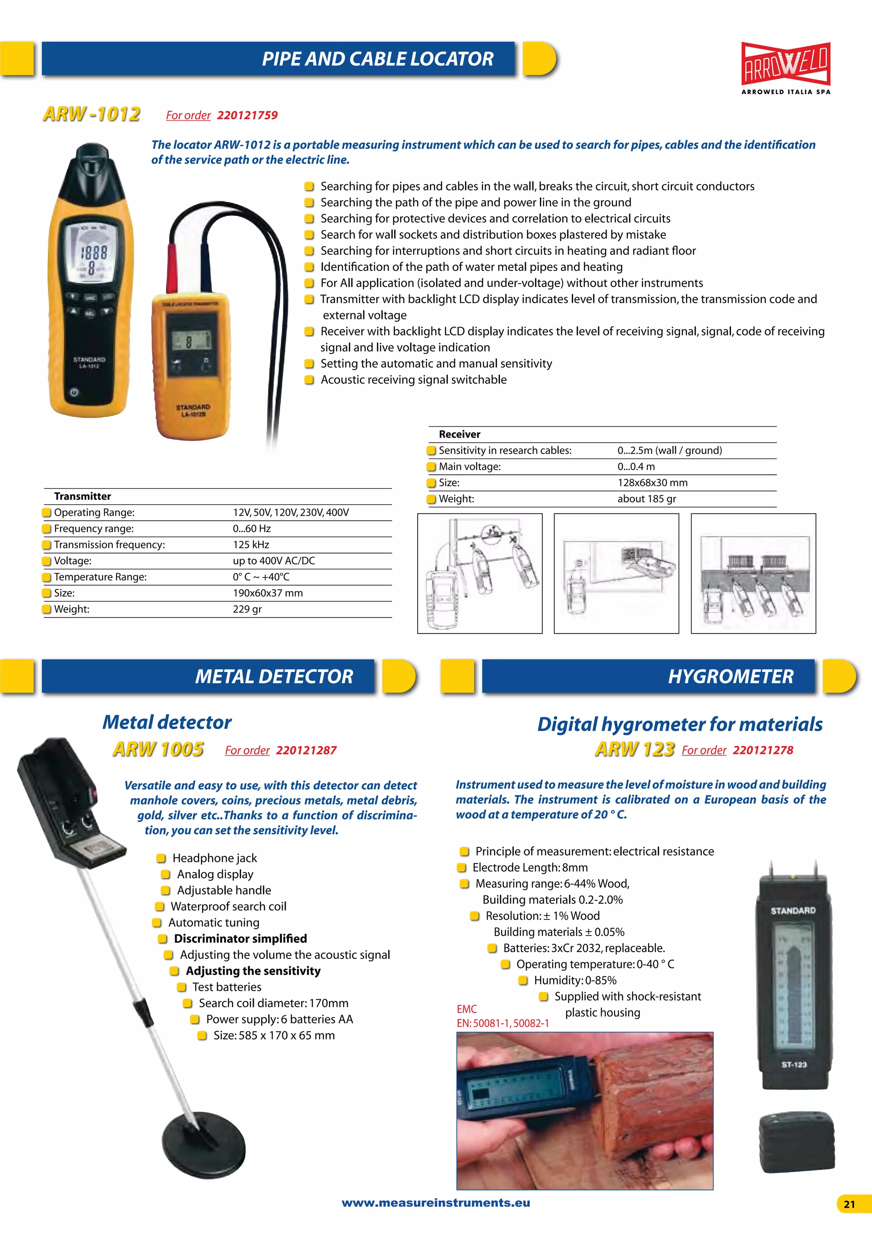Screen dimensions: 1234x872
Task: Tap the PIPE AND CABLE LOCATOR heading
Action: (x=377, y=59)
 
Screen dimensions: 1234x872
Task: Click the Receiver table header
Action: (x=459, y=434)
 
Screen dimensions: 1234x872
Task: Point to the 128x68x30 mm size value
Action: (x=652, y=482)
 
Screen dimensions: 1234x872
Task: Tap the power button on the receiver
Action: (x=74, y=392)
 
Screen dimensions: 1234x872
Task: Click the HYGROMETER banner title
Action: (x=730, y=676)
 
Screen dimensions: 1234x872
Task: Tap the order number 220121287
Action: (x=306, y=750)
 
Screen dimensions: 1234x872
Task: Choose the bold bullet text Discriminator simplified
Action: (x=240, y=938)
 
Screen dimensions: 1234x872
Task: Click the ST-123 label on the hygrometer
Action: (x=794, y=1065)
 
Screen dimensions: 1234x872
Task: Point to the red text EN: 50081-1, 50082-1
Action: (x=502, y=1023)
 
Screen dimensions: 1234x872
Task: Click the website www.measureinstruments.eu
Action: (x=436, y=1203)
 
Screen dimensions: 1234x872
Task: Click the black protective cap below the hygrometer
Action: (x=796, y=1140)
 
